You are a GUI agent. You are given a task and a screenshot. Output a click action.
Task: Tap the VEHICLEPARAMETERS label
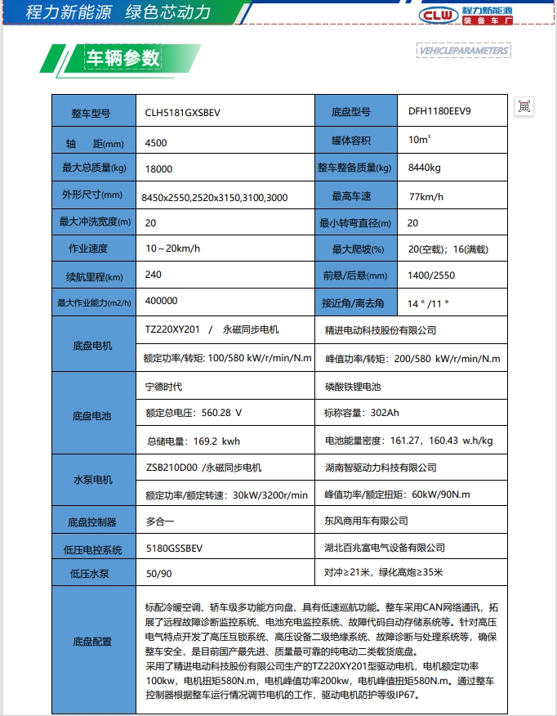[x=463, y=51]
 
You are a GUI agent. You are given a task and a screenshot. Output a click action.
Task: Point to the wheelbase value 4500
[x=155, y=143]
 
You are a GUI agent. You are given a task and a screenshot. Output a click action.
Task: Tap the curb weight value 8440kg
[x=424, y=168]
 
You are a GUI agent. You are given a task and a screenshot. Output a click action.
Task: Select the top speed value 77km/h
[x=426, y=197]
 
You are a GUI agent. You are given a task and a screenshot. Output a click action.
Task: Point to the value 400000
[x=161, y=301]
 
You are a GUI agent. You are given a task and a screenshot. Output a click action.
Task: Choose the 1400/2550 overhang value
[x=431, y=276]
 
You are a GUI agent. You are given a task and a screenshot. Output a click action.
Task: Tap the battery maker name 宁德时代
[x=163, y=387]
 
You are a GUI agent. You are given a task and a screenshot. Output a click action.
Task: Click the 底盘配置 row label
[x=91, y=642]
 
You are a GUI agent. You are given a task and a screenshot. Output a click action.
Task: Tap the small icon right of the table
[x=524, y=105]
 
